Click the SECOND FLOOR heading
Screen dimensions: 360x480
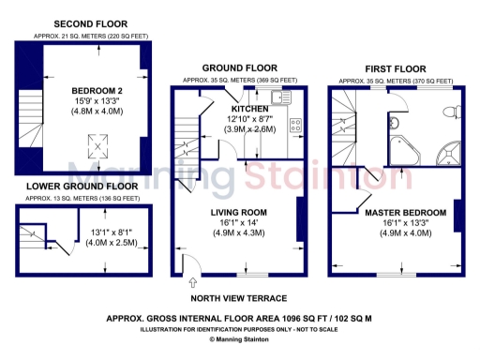(91, 23)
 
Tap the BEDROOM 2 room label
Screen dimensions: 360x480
(92, 88)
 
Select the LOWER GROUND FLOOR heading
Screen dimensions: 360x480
(82, 187)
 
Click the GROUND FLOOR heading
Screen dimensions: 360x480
(240, 67)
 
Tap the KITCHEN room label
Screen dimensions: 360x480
(250, 109)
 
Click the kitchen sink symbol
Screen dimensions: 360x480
(286, 97)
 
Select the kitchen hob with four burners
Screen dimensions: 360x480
(295, 125)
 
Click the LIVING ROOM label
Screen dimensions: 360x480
(241, 213)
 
